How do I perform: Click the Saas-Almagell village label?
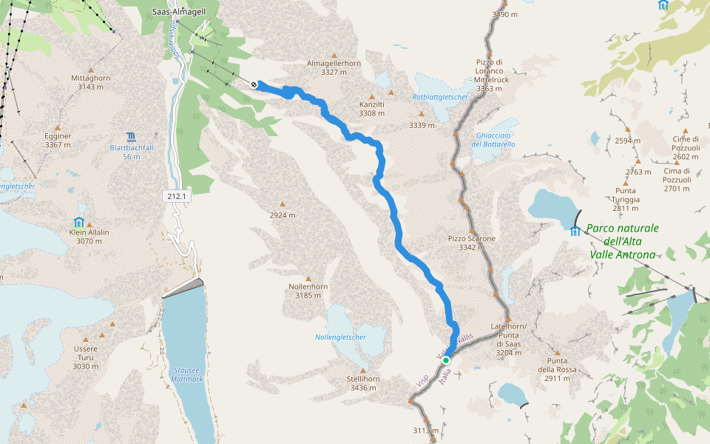[x=178, y=11]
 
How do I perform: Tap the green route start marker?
[x=446, y=360]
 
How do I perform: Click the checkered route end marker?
[x=254, y=84]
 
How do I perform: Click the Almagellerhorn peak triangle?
[x=334, y=55]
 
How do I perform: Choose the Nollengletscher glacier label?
[x=341, y=337]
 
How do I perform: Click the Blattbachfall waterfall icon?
[x=131, y=136]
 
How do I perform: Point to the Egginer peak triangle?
[x=58, y=127]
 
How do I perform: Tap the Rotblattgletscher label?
[x=440, y=97]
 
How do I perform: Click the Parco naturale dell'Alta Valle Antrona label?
[x=622, y=242]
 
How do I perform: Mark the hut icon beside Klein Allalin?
[x=78, y=222]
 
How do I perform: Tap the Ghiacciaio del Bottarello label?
[x=493, y=139]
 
